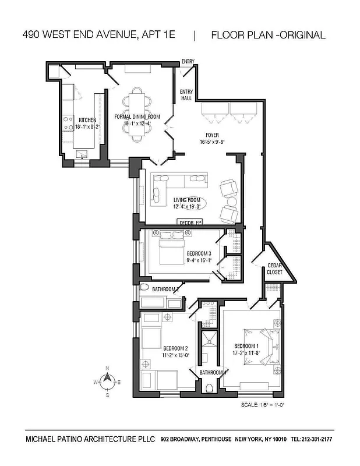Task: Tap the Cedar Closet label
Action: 274,269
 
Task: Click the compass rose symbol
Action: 107,382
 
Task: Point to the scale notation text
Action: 262,405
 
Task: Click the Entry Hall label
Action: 186,95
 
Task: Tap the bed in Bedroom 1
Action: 260,348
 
